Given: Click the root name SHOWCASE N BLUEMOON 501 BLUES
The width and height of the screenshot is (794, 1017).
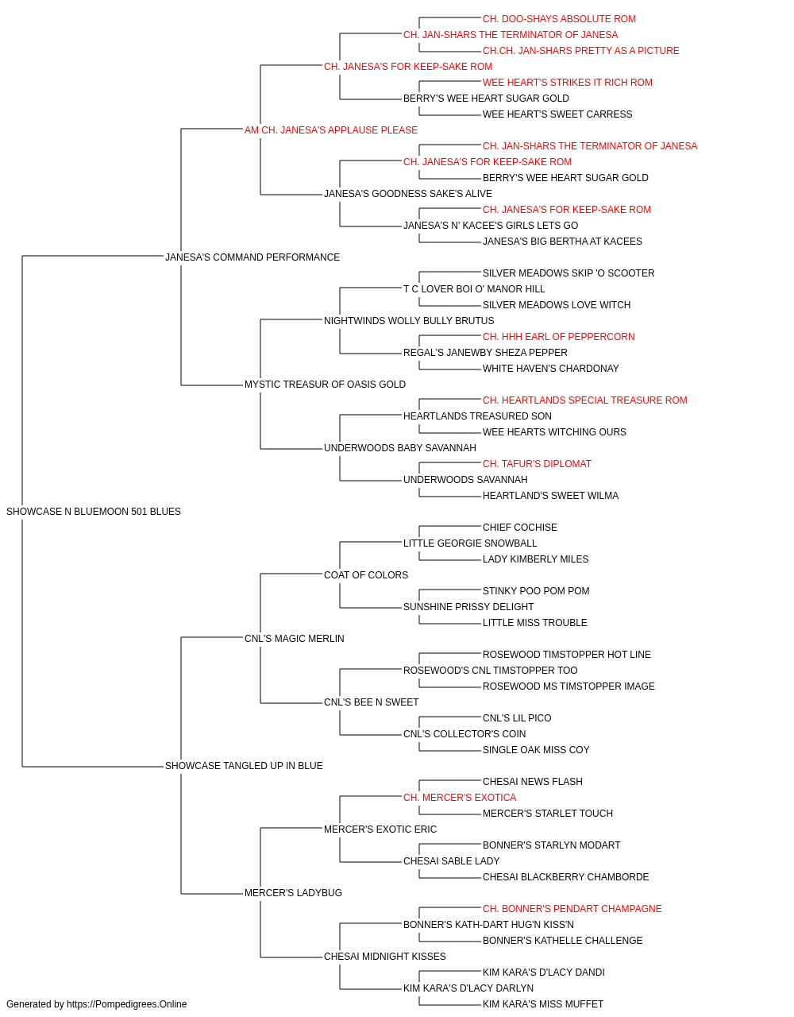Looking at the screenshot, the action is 94,512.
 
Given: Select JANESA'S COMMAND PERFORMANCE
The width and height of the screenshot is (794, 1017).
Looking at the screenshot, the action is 252,257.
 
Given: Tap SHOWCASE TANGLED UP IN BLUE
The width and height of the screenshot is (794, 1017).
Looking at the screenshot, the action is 244,766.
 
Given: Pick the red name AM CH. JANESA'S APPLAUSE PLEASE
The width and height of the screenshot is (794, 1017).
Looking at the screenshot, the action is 331,130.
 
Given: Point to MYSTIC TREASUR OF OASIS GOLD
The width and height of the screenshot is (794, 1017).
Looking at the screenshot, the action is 325,385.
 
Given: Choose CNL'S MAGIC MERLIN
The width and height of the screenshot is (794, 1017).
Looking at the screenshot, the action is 294,638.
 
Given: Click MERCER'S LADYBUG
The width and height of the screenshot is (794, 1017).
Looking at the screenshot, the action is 293,892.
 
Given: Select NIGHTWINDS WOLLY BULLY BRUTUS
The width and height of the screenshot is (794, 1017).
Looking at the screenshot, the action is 409,320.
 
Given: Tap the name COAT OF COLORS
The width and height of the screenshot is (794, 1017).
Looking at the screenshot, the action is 366,574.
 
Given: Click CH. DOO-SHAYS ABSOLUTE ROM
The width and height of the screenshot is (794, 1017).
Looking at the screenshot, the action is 559,19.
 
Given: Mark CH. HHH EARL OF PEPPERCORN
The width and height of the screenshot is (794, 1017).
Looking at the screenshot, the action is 559,337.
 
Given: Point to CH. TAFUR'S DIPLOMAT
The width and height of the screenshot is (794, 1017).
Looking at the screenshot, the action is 537,464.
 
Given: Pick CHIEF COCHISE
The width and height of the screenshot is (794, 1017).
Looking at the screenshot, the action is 520,528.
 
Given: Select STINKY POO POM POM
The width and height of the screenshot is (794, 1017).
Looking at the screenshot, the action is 536,590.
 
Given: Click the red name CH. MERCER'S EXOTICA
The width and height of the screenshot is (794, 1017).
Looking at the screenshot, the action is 460,798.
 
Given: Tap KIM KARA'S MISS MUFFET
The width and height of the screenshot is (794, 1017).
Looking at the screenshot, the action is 543,1004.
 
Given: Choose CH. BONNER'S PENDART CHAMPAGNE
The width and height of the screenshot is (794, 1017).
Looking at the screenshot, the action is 572,908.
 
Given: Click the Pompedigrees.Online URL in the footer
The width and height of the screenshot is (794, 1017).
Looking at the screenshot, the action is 127,1004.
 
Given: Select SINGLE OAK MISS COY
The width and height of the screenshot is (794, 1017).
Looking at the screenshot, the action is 536,750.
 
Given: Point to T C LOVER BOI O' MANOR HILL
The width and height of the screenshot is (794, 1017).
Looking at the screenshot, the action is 474,288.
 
